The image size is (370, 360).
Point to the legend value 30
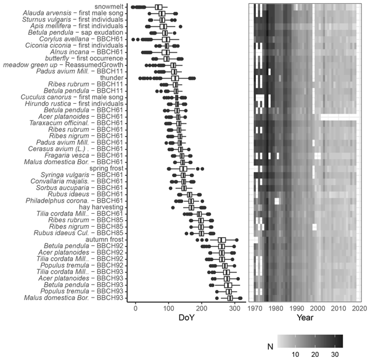tap(334, 355)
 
